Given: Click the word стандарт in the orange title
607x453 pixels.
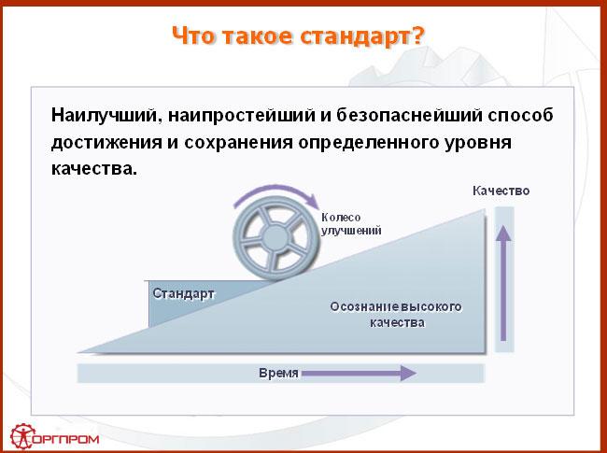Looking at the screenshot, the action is pyautogui.click(x=354, y=36).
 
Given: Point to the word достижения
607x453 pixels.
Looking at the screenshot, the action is pyautogui.click(x=106, y=143).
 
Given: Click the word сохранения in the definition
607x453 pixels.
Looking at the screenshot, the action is pyautogui.click(x=238, y=142).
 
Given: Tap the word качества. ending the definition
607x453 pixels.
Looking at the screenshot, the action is pyautogui.click(x=94, y=169).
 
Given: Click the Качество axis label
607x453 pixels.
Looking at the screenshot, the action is pyautogui.click(x=501, y=191).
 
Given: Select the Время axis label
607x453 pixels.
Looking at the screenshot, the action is pyautogui.click(x=278, y=373).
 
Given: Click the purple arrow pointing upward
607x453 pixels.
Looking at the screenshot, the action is pyautogui.click(x=503, y=283).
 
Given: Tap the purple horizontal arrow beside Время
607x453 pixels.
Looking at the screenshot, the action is pyautogui.click(x=359, y=374).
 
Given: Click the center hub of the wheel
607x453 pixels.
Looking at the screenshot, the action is pyautogui.click(x=275, y=238).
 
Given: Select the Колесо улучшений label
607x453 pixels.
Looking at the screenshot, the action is pyautogui.click(x=351, y=224).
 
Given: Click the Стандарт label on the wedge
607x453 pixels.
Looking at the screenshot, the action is pyautogui.click(x=183, y=293).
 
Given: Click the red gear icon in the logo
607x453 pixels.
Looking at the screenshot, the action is pyautogui.click(x=22, y=437).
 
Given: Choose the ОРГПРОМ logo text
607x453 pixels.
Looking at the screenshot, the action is pyautogui.click(x=66, y=439).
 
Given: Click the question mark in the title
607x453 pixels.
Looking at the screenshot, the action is pyautogui.click(x=416, y=35).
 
